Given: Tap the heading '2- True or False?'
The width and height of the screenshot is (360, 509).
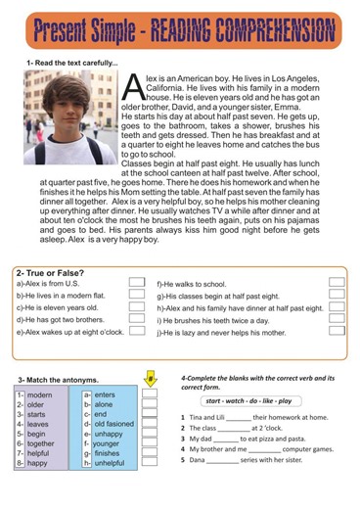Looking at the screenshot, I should (x=50, y=273).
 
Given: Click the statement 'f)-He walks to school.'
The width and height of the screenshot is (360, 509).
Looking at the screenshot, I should (x=192, y=284).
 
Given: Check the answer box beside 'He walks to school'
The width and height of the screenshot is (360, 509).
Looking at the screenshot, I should (x=337, y=283).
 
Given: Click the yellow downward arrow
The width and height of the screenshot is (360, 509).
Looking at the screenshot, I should (x=150, y=378).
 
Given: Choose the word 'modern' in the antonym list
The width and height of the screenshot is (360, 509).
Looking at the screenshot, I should (x=40, y=394).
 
